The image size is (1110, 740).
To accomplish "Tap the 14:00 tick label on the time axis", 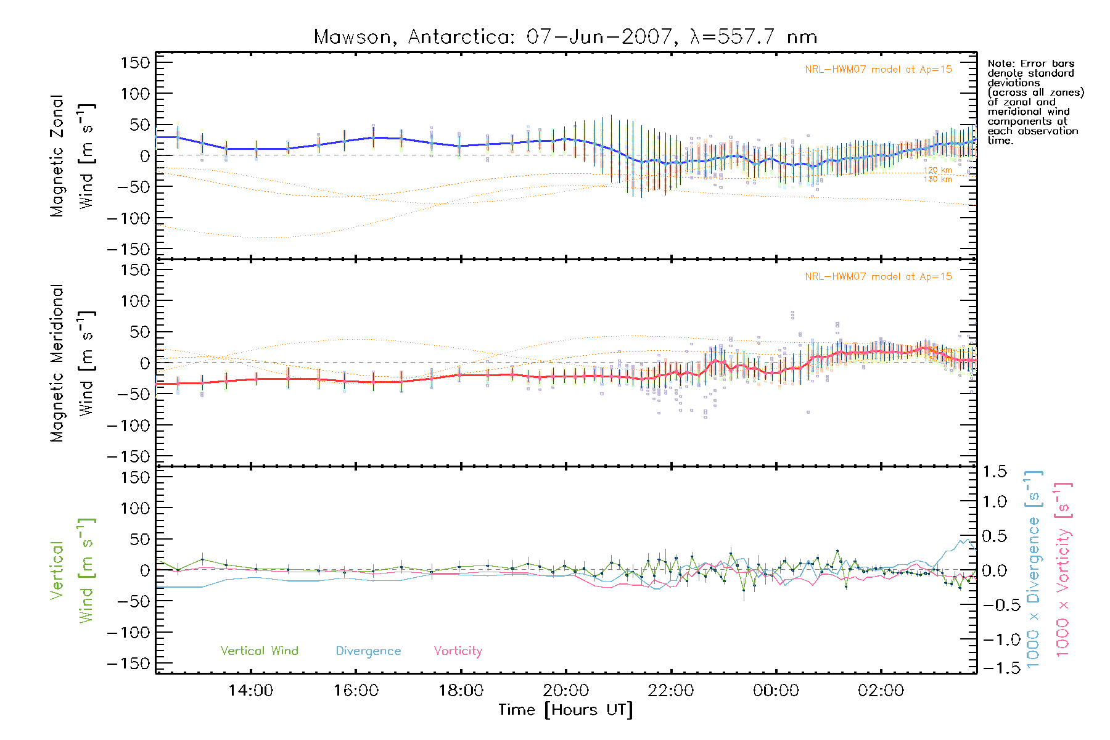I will (250, 691).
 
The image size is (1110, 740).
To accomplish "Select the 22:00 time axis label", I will (671, 691).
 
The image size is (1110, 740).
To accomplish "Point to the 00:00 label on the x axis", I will (776, 691).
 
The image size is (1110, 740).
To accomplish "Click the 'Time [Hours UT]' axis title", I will (565, 710).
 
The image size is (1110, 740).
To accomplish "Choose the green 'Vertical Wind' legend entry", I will (259, 651).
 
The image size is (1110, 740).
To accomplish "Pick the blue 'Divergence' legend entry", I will (368, 651).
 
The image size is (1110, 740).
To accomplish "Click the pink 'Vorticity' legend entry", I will (458, 651).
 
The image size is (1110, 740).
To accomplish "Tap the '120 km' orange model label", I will (937, 170).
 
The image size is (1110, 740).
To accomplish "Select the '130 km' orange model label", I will (937, 179).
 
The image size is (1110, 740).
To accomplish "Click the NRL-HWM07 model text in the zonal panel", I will (878, 70).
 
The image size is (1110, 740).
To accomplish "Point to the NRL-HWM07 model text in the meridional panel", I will (878, 277).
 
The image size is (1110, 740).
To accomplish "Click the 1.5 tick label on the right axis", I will (994, 472).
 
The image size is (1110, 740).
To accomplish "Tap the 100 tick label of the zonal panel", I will (135, 94).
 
